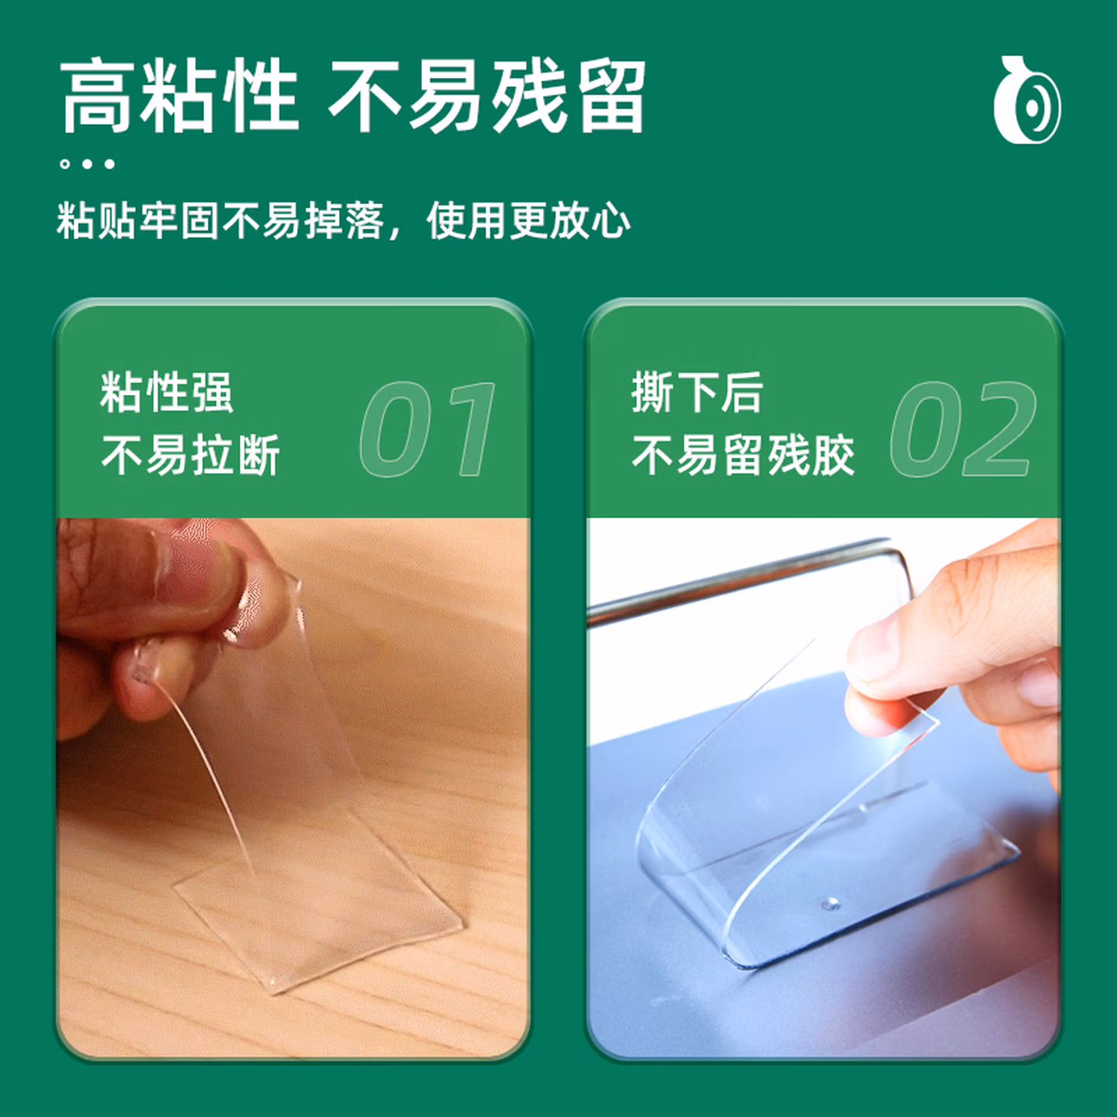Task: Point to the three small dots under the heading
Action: click(x=88, y=164)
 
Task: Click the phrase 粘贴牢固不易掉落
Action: click(x=220, y=221)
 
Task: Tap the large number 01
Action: click(x=428, y=429)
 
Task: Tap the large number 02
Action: click(x=963, y=429)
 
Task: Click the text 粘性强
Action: click(x=167, y=393)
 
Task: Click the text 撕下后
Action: click(x=697, y=393)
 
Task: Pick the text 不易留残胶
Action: click(x=743, y=455)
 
